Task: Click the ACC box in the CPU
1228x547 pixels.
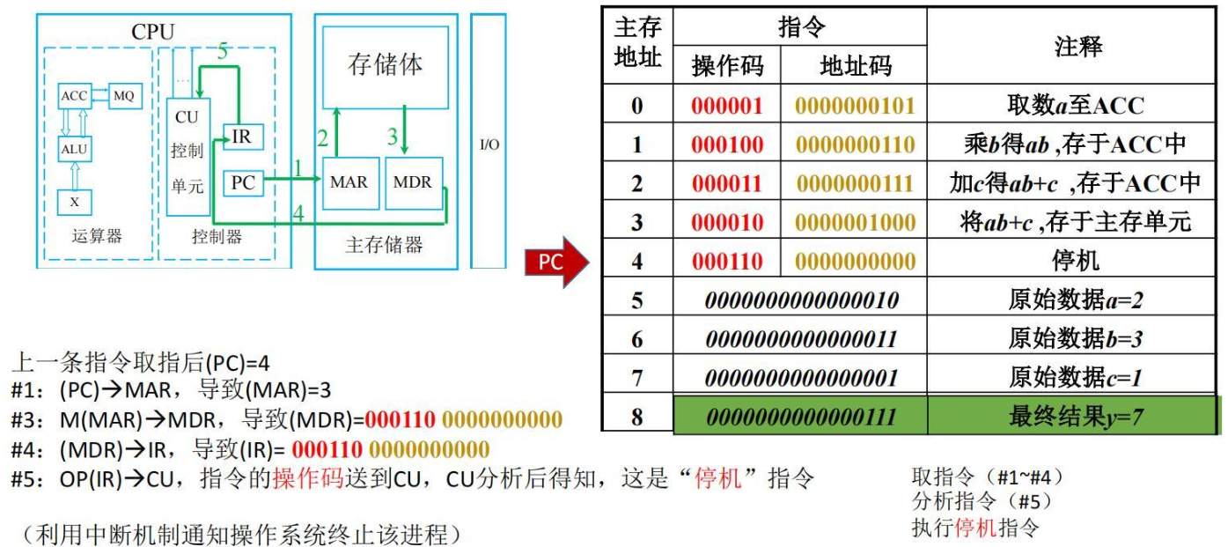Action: pyautogui.click(x=74, y=96)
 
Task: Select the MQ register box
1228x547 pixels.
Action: pyautogui.click(x=125, y=96)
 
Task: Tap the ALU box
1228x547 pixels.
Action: pyautogui.click(x=75, y=149)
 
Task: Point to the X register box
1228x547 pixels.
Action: pyautogui.click(x=75, y=202)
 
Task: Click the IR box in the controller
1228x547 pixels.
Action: pyautogui.click(x=244, y=137)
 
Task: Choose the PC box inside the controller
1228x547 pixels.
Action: pyautogui.click(x=244, y=183)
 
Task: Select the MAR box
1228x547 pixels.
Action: pyautogui.click(x=350, y=183)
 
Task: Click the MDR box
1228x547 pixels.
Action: pyautogui.click(x=414, y=183)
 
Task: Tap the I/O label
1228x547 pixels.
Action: pyautogui.click(x=489, y=144)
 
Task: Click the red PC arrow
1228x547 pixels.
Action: pyautogui.click(x=556, y=262)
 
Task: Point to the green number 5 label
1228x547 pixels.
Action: pyautogui.click(x=222, y=51)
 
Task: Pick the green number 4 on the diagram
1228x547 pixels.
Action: pyautogui.click(x=298, y=213)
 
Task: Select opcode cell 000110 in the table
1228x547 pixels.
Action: pyautogui.click(x=727, y=261)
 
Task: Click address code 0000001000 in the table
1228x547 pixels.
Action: pyautogui.click(x=855, y=222)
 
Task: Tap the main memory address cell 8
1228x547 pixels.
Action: pyautogui.click(x=637, y=417)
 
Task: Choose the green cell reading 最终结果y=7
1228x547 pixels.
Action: pyautogui.click(x=1075, y=417)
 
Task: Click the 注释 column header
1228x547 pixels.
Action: pyautogui.click(x=1077, y=47)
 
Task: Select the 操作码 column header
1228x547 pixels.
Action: pyautogui.click(x=727, y=66)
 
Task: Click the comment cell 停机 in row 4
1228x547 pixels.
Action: pyautogui.click(x=1075, y=261)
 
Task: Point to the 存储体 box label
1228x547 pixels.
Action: pyautogui.click(x=385, y=64)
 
